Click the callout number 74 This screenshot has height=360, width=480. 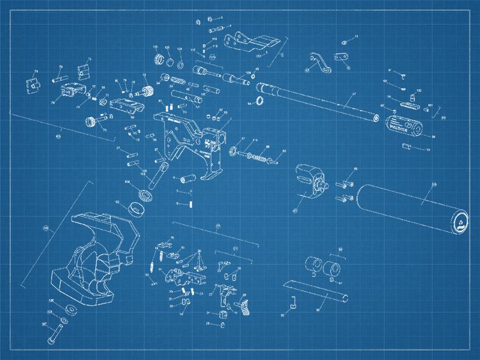click(x=36, y=72)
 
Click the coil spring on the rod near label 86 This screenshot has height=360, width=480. click(x=261, y=158)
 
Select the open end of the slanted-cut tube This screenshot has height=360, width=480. click(x=342, y=297)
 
